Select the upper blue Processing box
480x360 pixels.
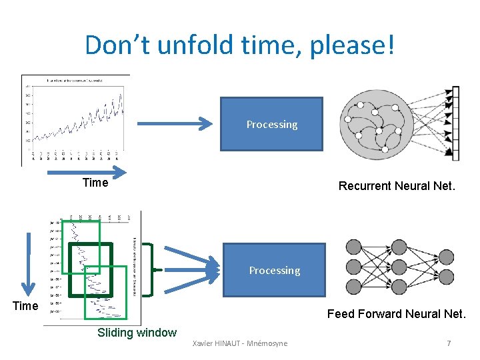click(x=271, y=124)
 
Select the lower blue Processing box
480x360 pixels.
click(x=274, y=269)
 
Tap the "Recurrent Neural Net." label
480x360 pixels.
click(x=397, y=186)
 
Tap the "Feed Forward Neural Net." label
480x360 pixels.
click(x=397, y=313)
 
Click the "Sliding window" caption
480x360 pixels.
click(x=137, y=333)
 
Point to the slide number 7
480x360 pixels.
click(x=449, y=343)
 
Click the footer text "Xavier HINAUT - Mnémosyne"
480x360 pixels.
click(x=240, y=343)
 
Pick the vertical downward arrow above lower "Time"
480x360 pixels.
click(x=28, y=263)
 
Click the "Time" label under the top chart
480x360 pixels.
click(x=95, y=183)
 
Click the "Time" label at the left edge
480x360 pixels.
click(x=26, y=306)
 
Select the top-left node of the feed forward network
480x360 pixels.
click(x=353, y=247)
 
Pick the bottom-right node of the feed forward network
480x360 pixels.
click(x=446, y=277)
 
